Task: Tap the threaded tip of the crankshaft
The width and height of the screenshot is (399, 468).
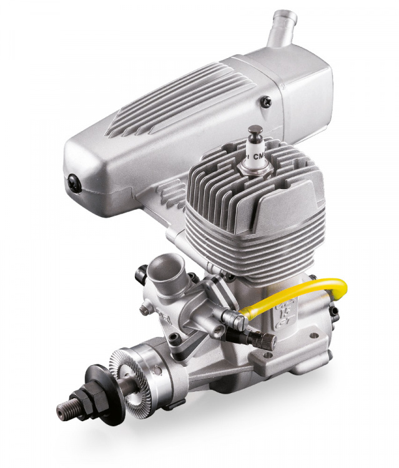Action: coord(67,409)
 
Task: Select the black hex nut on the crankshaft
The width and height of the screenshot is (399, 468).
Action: coord(84,399)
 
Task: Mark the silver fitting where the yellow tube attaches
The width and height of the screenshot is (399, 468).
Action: coord(237,320)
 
